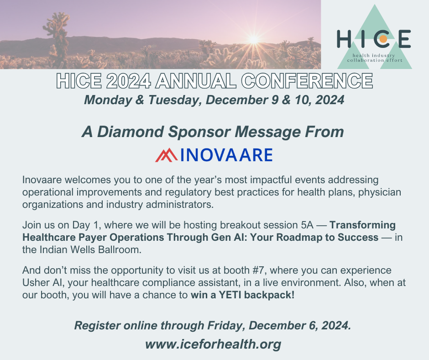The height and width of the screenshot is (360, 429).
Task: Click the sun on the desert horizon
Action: point(254,39)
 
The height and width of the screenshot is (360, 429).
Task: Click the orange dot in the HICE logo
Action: point(383,39)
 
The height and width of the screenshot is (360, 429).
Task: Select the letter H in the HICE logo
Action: point(344,39)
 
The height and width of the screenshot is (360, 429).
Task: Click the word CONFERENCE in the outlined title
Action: point(307,81)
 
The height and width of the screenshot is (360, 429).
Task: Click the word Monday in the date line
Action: point(108,100)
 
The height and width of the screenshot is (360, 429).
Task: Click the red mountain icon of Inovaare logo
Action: point(166,155)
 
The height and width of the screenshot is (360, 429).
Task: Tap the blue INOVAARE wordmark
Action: point(226,155)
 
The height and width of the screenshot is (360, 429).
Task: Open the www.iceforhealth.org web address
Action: point(213,344)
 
